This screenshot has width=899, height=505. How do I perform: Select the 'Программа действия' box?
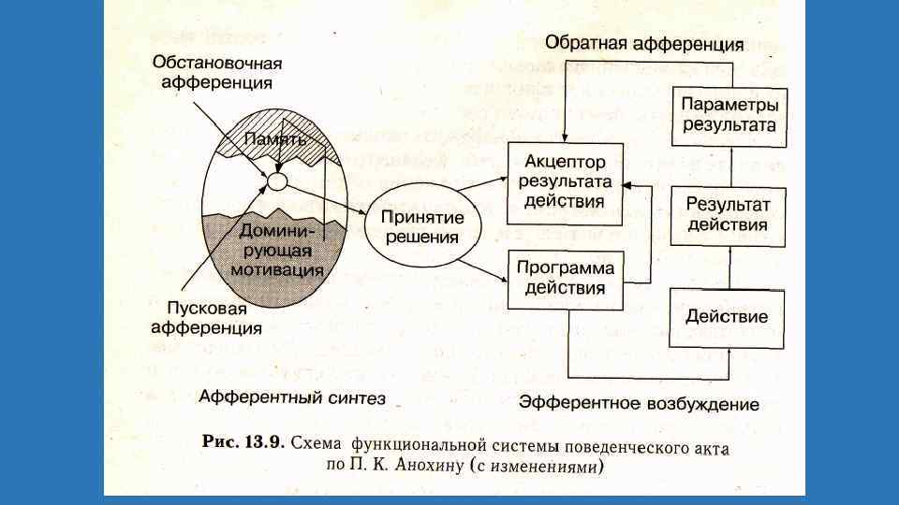pyautogui.click(x=565, y=278)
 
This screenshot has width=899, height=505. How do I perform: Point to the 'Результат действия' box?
pyautogui.click(x=728, y=214)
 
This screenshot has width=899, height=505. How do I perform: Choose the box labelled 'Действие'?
pyautogui.click(x=727, y=316)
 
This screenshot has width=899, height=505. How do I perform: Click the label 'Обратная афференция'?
pyautogui.click(x=644, y=44)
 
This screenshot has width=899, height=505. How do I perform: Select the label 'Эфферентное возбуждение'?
pyautogui.click(x=639, y=405)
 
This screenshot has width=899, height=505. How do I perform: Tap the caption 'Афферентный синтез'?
pyautogui.click(x=292, y=397)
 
